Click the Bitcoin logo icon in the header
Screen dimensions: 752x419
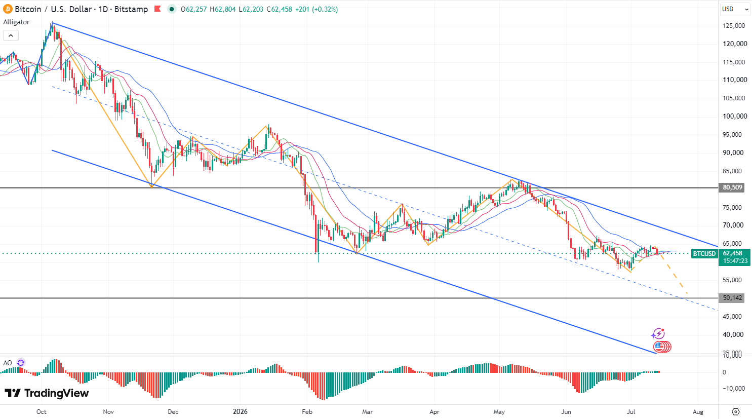8,9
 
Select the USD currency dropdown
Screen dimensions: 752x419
735,9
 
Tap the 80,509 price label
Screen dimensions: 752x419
732,187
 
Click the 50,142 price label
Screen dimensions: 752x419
732,298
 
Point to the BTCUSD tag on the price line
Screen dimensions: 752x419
704,254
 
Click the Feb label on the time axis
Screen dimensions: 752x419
307,411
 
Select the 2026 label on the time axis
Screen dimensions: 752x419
240,411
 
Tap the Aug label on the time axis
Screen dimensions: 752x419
698,411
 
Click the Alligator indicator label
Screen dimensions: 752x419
16,22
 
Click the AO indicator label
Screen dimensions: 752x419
8,363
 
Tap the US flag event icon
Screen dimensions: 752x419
659,347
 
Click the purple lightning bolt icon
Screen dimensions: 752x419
658,334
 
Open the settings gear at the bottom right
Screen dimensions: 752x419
736,411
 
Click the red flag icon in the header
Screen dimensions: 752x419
157,9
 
